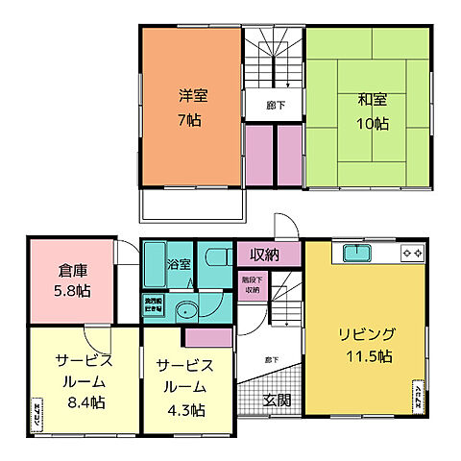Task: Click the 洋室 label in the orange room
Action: [x=192, y=96]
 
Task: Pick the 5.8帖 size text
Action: [x=72, y=291]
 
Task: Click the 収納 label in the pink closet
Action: [x=265, y=255]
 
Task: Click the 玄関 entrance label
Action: [x=278, y=400]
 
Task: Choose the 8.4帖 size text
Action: [x=85, y=403]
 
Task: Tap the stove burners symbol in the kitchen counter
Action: [x=412, y=253]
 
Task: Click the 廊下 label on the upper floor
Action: [x=275, y=105]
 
